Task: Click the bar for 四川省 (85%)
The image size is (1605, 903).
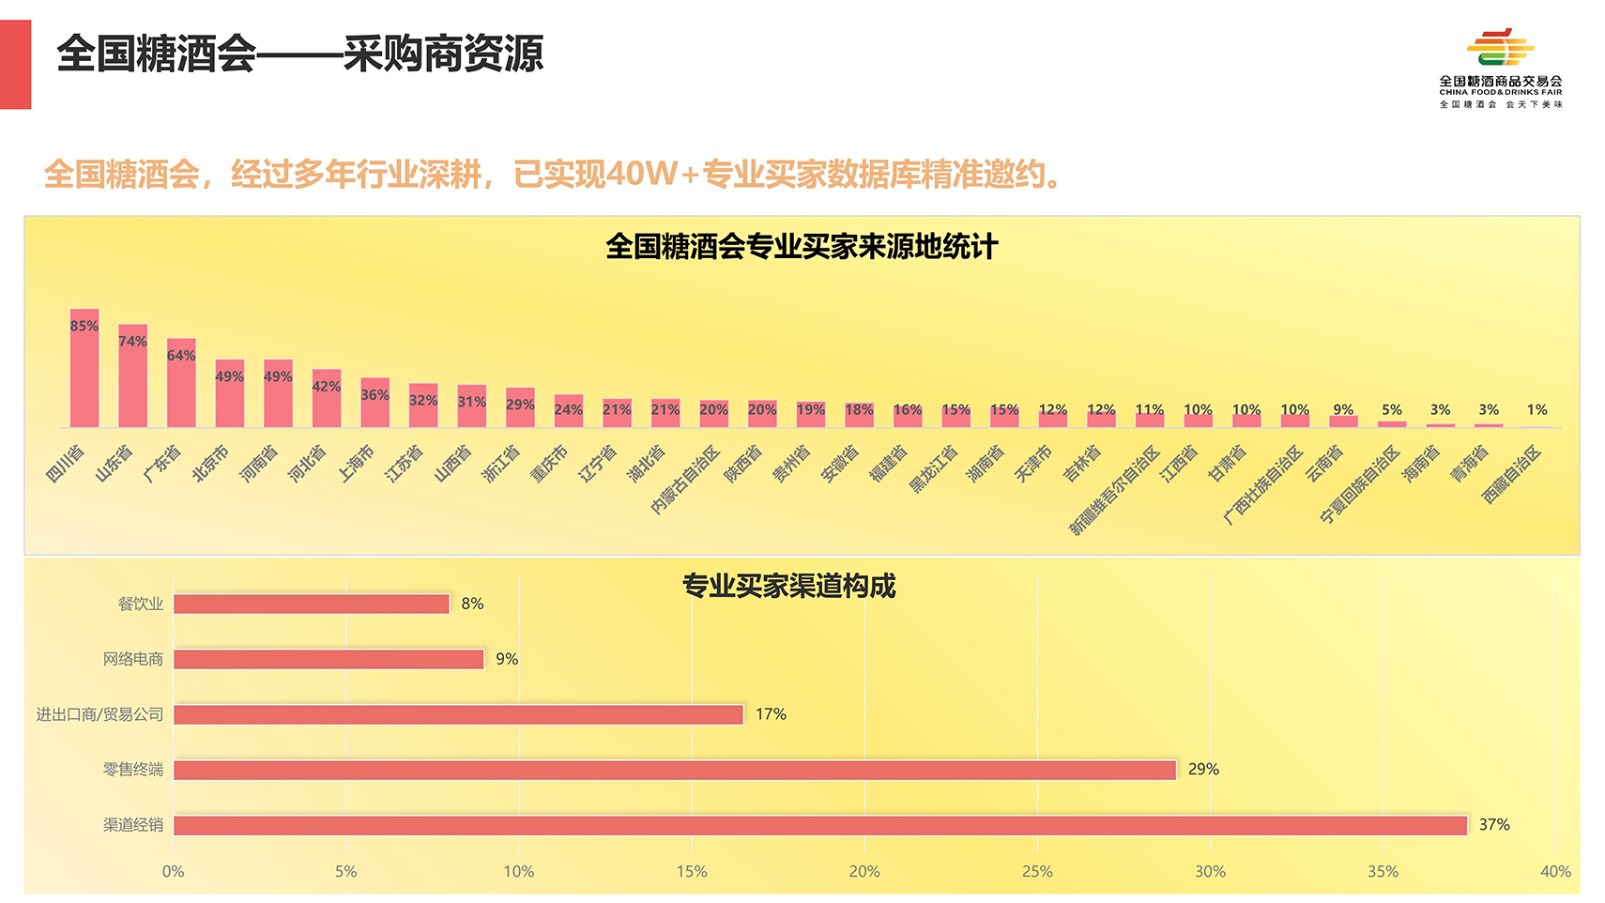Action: (x=84, y=368)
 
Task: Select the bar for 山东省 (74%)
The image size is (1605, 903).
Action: (x=132, y=375)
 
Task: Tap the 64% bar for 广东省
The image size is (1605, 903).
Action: (x=181, y=382)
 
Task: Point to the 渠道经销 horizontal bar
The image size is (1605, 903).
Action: (x=819, y=825)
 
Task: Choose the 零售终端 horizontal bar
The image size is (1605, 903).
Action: (x=674, y=770)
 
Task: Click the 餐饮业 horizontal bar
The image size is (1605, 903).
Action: (x=312, y=604)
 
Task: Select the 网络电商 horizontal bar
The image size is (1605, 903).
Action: (x=329, y=659)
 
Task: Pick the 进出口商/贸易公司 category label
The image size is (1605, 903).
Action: (x=99, y=714)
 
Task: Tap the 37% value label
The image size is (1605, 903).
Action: (x=1494, y=824)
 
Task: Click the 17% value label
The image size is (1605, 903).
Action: (x=771, y=714)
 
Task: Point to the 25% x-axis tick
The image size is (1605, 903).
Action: (x=1037, y=871)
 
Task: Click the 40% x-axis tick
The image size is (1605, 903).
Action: (x=1555, y=871)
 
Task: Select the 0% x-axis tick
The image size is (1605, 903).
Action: (x=174, y=871)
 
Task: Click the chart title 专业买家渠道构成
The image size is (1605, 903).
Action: (x=788, y=586)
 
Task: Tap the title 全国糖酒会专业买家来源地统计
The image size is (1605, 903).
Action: (x=802, y=247)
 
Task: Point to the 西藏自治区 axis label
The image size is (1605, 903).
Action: (x=1512, y=474)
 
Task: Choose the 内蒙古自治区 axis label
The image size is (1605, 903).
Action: (x=685, y=480)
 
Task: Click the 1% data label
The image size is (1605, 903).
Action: (x=1536, y=409)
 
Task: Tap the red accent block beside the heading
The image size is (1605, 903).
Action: (x=16, y=65)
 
